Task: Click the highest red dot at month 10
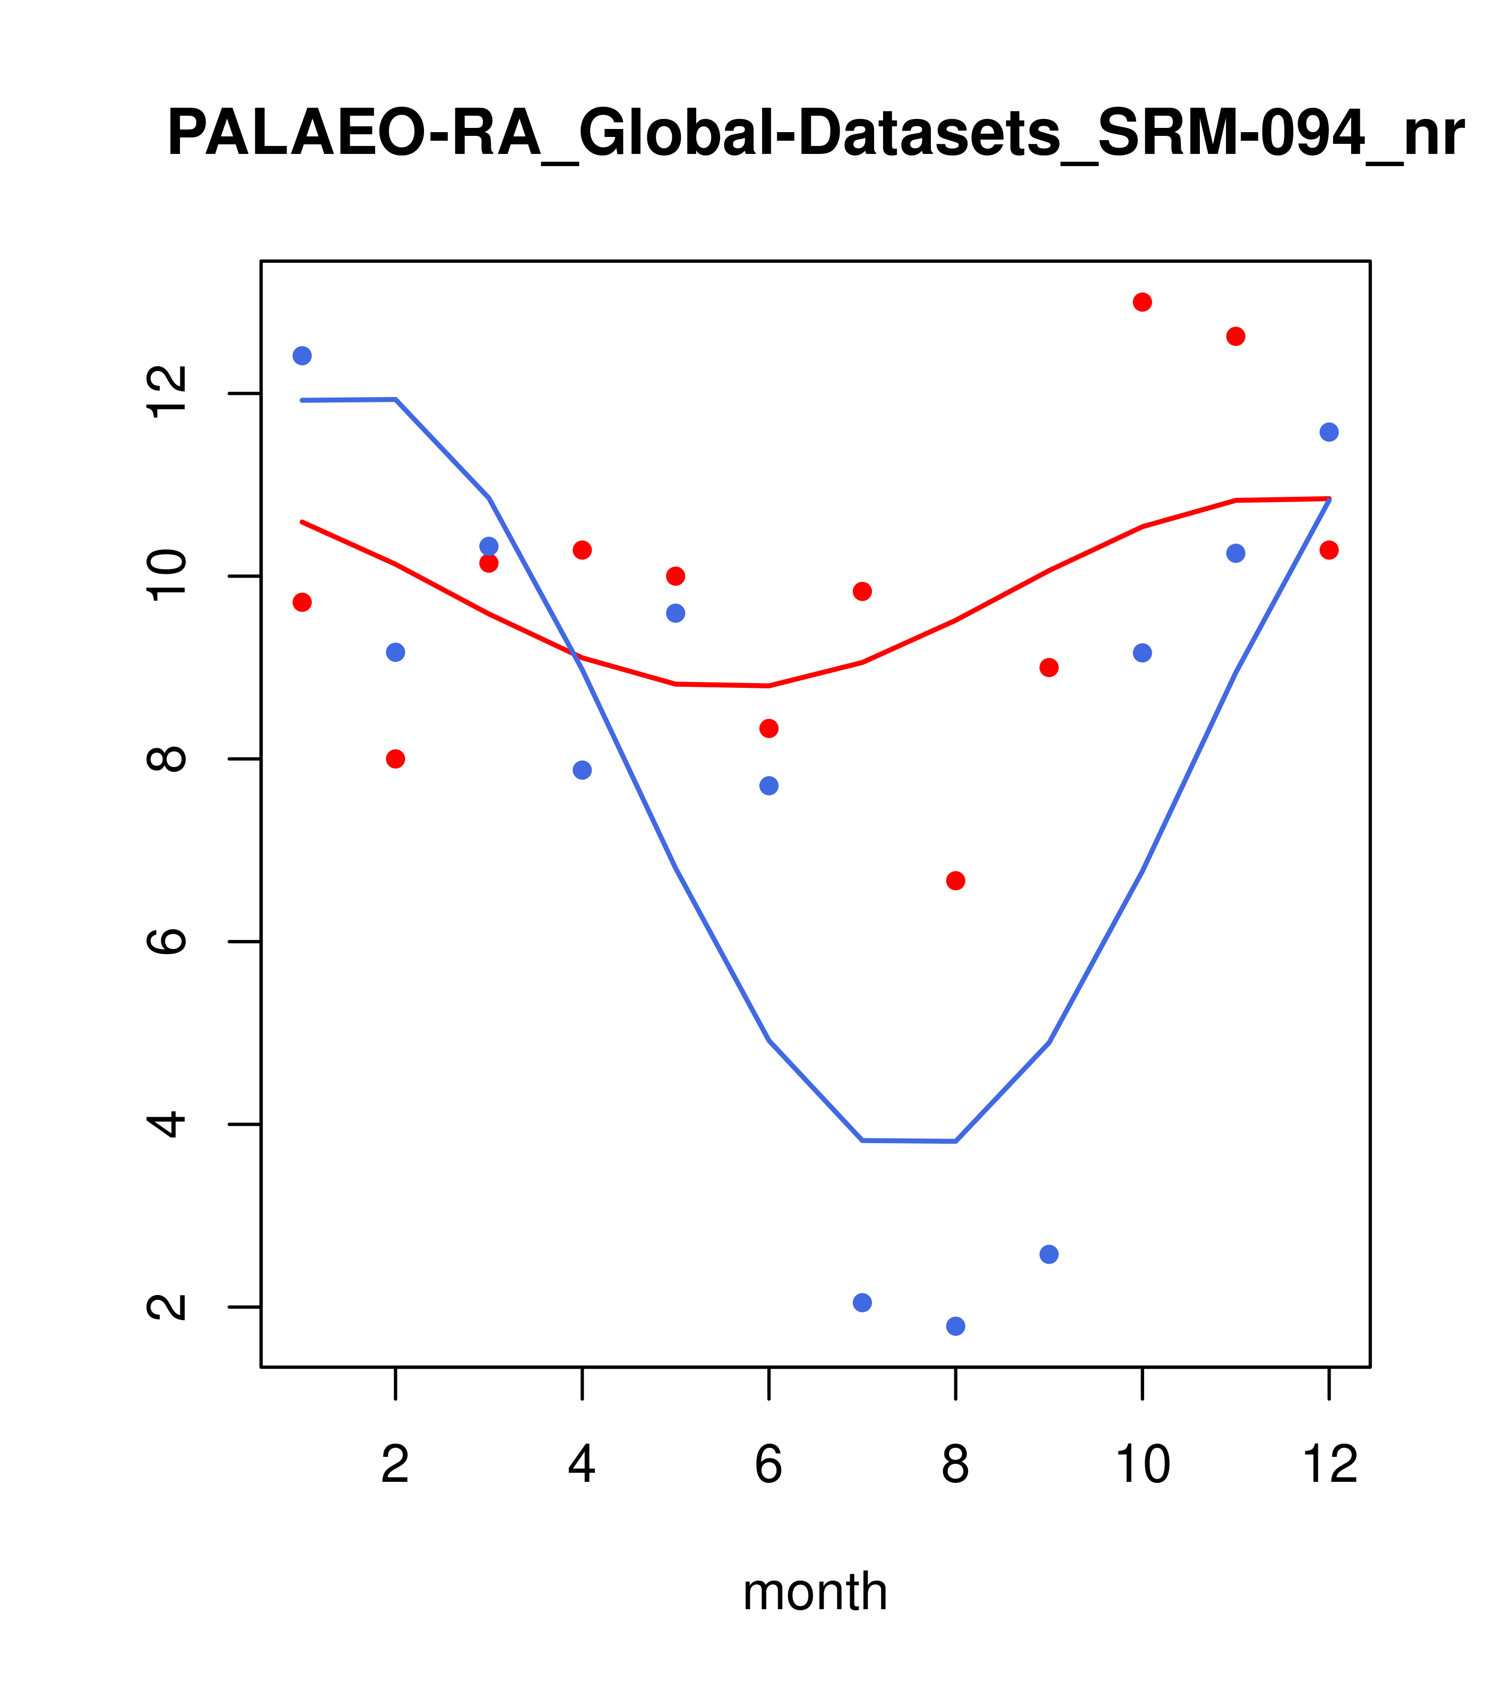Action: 1142,302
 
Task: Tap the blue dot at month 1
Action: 302,356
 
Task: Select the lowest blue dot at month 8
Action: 955,1326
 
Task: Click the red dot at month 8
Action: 955,881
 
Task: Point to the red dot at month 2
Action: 396,759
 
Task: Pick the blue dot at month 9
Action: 1049,1254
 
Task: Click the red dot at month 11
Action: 1236,336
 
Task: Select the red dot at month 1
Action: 302,602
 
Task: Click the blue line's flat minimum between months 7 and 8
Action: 909,1141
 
